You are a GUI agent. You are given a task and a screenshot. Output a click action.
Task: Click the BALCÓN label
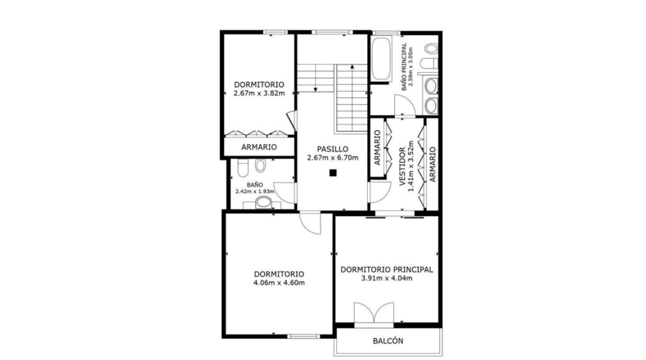click(x=388, y=341)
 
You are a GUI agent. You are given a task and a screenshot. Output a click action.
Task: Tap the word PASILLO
click(x=333, y=149)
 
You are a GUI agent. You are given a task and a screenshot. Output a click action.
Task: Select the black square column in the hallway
click(x=333, y=173)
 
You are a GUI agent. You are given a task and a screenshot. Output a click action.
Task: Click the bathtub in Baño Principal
click(x=381, y=59)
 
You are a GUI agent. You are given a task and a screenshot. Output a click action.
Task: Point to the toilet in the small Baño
click(x=243, y=168)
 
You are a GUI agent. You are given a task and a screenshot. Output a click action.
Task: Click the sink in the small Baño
click(x=263, y=203)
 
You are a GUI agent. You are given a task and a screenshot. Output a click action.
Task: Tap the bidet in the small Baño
click(x=260, y=165)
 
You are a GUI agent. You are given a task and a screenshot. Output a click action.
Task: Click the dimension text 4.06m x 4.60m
click(x=279, y=283)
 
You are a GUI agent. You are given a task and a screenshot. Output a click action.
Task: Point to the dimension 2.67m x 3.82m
click(x=259, y=93)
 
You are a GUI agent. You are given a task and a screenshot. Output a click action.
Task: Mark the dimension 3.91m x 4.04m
click(x=387, y=278)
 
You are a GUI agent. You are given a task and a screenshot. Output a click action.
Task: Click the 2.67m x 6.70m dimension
click(x=333, y=158)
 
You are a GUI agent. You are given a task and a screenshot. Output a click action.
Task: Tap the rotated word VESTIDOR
click(x=402, y=167)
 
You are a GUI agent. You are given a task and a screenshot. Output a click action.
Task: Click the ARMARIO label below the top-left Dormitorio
click(x=259, y=146)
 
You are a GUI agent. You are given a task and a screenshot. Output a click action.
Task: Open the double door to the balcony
click(x=374, y=314)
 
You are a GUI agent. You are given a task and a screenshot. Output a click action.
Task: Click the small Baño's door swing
click(x=285, y=193)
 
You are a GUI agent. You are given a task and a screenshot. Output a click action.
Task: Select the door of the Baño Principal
click(x=405, y=106)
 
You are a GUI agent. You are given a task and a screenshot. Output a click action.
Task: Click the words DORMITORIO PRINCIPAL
click(x=387, y=269)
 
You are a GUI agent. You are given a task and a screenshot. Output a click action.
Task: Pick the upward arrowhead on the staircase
click(x=352, y=66)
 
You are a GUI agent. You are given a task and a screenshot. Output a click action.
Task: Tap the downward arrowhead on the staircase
click(x=315, y=89)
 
